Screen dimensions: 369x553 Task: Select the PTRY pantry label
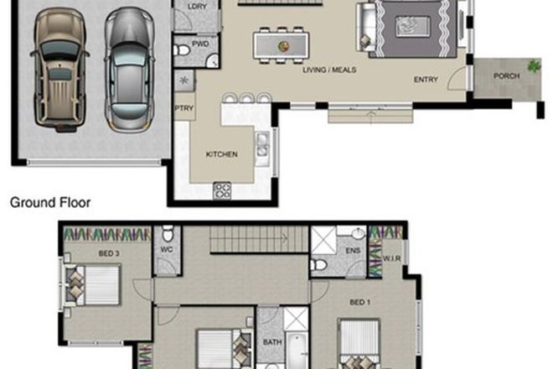183,107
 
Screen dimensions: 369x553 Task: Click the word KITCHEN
222,154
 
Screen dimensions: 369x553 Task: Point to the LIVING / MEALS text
329,70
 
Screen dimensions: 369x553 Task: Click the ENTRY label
426,81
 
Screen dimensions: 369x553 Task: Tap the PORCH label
507,76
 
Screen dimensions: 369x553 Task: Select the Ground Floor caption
49,202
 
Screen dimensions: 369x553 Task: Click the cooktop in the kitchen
222,190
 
